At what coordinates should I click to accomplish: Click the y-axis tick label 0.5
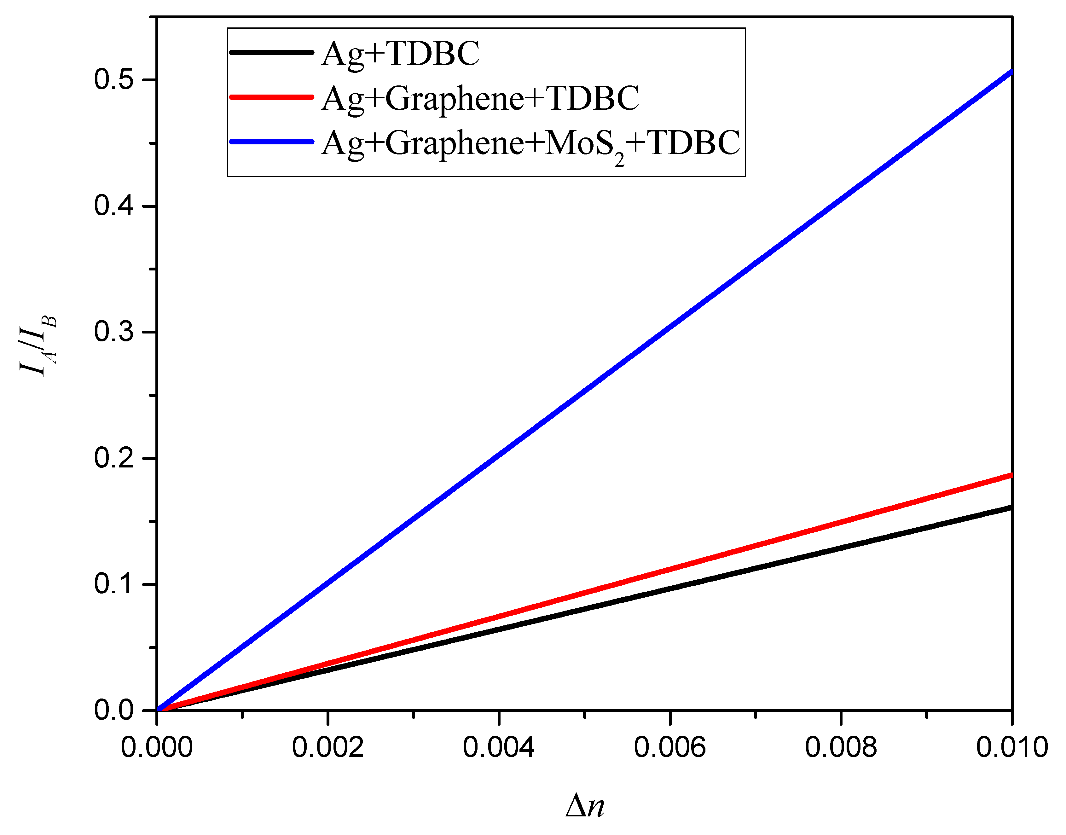click(x=114, y=80)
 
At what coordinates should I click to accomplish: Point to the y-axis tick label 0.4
click(x=114, y=206)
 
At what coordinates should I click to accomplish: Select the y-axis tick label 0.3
click(x=114, y=332)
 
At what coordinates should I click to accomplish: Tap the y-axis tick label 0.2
click(x=114, y=458)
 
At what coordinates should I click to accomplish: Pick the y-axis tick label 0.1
click(x=114, y=584)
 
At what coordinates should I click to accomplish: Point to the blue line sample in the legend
click(x=272, y=142)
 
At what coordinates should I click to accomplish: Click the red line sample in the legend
click(x=272, y=97)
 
